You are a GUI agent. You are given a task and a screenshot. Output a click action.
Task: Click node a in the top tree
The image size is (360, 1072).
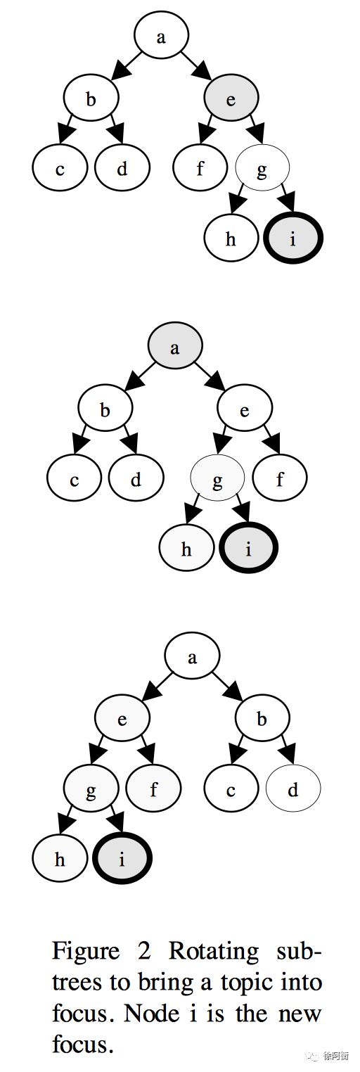click(x=161, y=37)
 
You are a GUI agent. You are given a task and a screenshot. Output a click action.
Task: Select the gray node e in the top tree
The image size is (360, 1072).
click(x=231, y=99)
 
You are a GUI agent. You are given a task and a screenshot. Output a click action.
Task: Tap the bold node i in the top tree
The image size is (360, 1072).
click(x=293, y=238)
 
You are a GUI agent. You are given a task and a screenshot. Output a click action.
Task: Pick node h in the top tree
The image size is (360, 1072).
click(x=231, y=238)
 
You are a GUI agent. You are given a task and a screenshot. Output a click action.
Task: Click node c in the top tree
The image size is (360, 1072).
click(x=60, y=168)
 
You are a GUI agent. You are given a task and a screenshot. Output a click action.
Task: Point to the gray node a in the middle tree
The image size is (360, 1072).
click(x=175, y=347)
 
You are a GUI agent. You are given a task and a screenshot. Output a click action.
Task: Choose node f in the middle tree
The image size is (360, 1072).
click(x=280, y=478)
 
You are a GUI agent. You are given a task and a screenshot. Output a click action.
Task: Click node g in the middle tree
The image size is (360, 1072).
click(x=217, y=478)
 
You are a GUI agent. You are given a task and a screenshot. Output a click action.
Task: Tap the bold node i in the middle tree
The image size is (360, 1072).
click(x=249, y=548)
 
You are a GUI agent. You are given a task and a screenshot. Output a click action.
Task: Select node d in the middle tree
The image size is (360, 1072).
click(x=136, y=478)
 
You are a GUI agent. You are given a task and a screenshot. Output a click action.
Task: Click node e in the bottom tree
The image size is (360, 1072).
click(x=122, y=719)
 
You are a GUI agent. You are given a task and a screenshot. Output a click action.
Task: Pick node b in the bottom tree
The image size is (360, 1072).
click(x=262, y=719)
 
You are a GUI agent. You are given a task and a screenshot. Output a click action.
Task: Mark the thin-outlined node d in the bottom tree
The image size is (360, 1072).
click(x=293, y=789)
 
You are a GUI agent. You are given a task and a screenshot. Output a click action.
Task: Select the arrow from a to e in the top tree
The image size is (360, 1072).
click(x=195, y=64)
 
